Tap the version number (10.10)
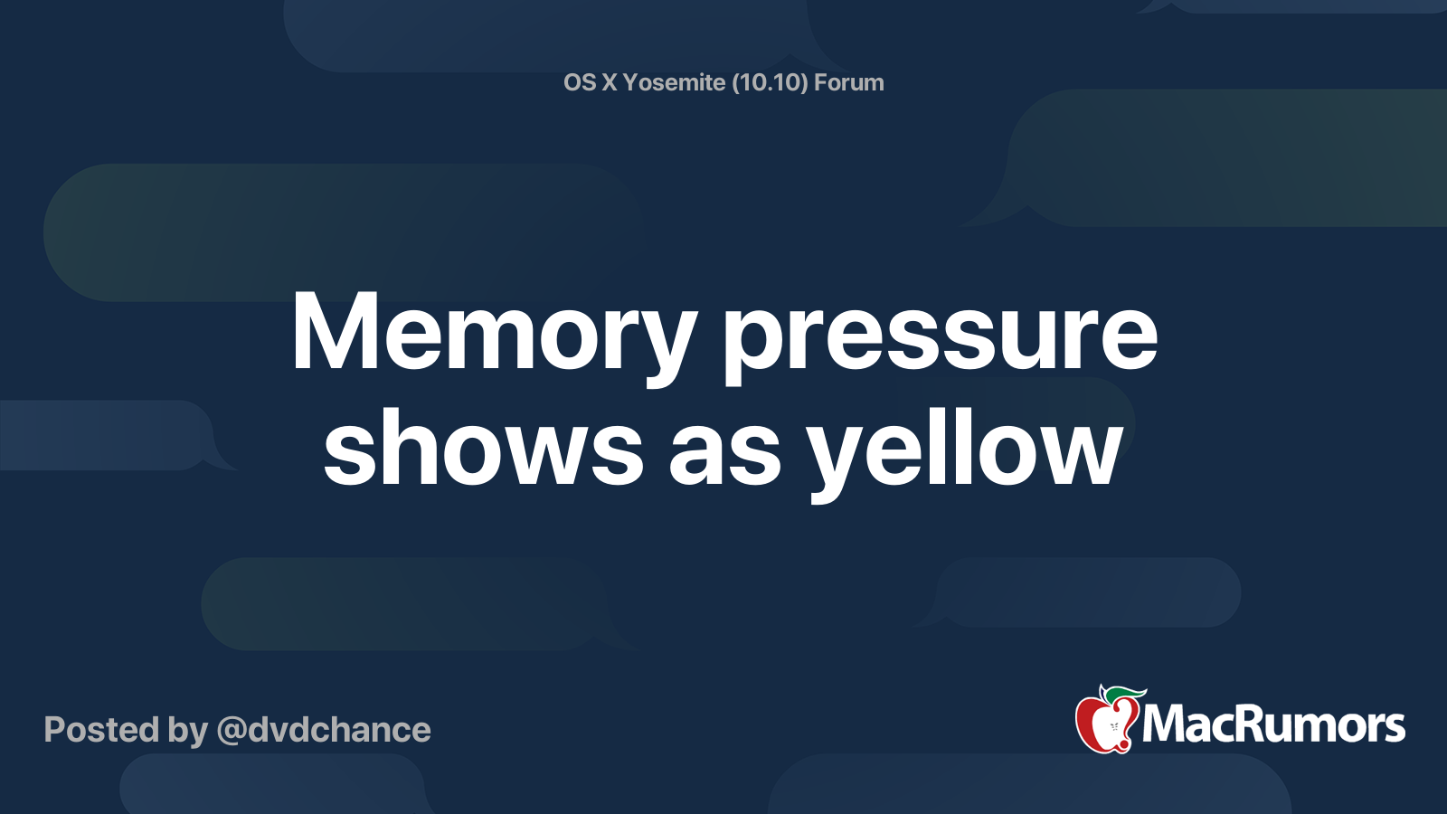tap(770, 82)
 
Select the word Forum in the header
tap(848, 82)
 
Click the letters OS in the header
tap(580, 82)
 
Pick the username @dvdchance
tap(324, 730)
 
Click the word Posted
tap(101, 730)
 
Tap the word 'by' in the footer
tap(188, 731)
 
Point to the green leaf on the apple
tap(1121, 694)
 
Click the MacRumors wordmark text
tap(1273, 724)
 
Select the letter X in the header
tap(610, 82)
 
